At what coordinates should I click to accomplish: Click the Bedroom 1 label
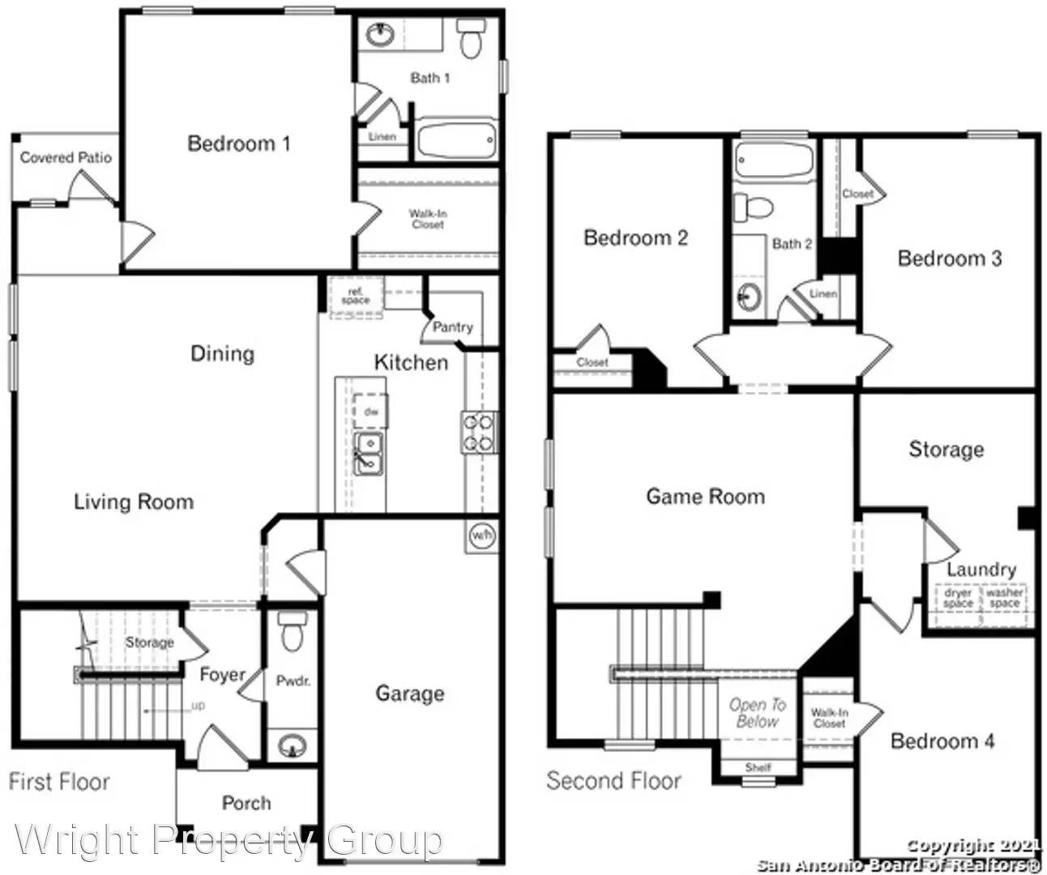coord(238,144)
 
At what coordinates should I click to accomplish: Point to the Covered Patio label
coord(66,157)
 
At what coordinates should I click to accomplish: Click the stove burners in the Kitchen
coord(477,431)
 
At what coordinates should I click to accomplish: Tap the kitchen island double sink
coord(369,453)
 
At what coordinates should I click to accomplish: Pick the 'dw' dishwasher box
coord(370,412)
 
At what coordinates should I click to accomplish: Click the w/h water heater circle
coord(482,536)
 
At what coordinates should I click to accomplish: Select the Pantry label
coord(452,327)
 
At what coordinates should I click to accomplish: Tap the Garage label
coord(409,693)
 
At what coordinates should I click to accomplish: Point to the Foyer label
coord(222,674)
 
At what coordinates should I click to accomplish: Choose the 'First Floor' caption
coord(59,782)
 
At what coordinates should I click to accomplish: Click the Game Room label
coord(705,496)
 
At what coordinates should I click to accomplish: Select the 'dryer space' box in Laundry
coord(958,599)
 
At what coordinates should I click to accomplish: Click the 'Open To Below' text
coord(758,713)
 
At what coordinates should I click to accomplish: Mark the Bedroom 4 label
coord(942,741)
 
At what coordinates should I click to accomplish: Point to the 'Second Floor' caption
coord(613,781)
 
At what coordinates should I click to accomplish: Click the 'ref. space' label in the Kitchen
coord(355,296)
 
